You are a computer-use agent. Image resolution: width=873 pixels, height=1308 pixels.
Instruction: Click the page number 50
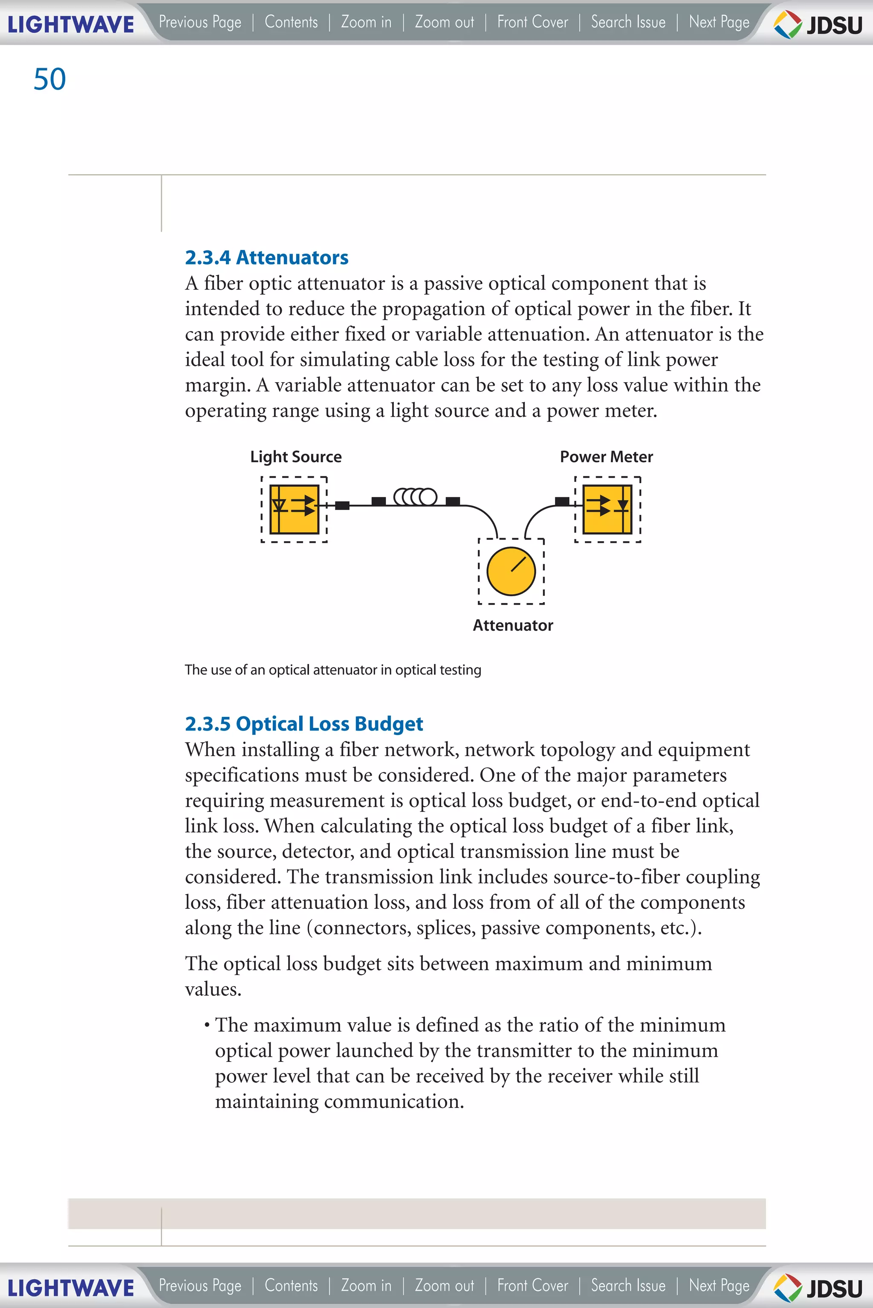click(x=49, y=79)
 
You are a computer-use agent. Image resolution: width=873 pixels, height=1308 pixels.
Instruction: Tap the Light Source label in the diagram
click(x=296, y=457)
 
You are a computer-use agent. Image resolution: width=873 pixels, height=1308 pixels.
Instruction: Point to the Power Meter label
click(x=606, y=457)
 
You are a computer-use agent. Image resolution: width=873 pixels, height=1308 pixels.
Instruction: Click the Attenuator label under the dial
click(x=512, y=625)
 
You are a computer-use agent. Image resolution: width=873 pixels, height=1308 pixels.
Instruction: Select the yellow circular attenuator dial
click(x=511, y=571)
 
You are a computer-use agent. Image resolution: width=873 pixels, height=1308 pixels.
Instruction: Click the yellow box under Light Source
click(x=294, y=509)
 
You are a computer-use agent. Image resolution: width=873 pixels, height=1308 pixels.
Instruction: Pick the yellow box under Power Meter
click(x=607, y=509)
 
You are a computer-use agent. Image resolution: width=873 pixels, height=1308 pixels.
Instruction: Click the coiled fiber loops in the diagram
click(x=415, y=496)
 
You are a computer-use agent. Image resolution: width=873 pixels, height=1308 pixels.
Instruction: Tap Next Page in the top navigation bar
click(x=719, y=22)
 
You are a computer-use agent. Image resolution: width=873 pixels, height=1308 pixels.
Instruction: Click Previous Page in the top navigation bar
click(x=200, y=22)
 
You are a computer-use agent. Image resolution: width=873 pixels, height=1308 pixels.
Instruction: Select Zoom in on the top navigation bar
click(x=366, y=22)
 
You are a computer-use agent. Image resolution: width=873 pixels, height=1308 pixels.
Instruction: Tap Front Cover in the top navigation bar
click(x=532, y=22)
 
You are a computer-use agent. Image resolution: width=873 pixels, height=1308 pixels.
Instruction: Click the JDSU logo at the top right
click(x=818, y=24)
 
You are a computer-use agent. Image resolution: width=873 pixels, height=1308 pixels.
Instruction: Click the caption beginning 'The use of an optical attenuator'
click(x=332, y=670)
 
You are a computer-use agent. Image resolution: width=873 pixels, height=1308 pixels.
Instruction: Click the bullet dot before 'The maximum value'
click(x=207, y=1025)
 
